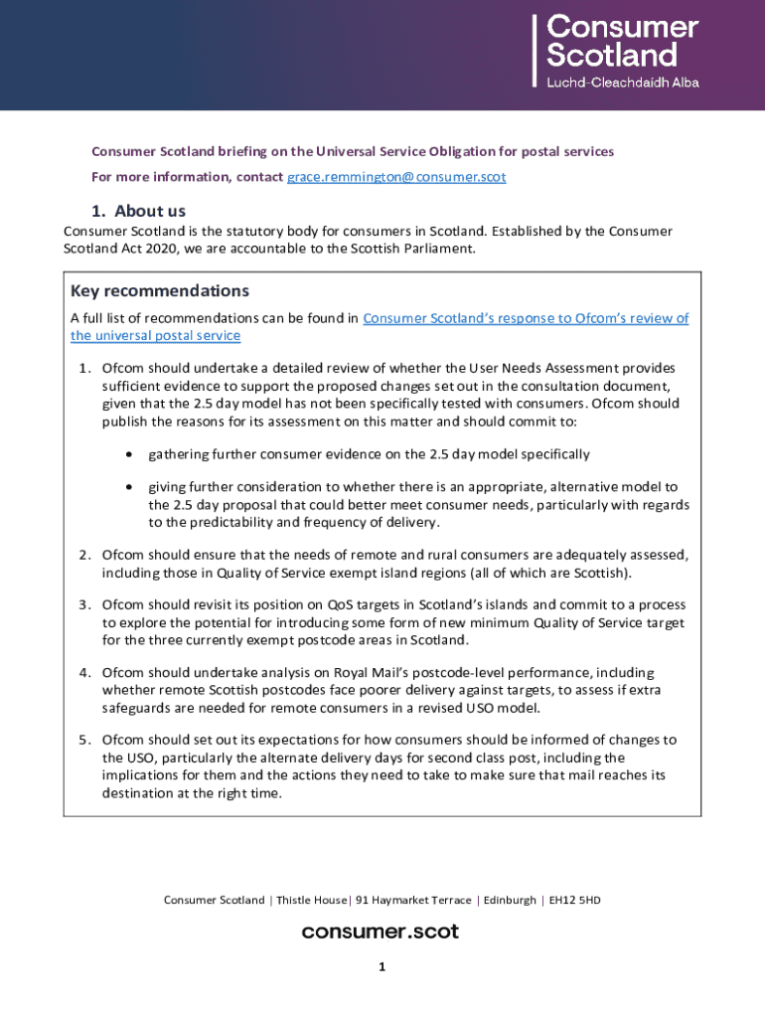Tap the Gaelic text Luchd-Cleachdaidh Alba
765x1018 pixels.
[x=623, y=83]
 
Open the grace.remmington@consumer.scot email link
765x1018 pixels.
[x=396, y=177]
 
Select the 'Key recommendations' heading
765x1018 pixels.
[x=159, y=291]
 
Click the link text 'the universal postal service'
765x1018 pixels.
[x=155, y=336]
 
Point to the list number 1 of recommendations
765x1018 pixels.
[x=84, y=369]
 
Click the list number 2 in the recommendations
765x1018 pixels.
[x=84, y=554]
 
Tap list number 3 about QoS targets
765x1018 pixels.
[x=84, y=604]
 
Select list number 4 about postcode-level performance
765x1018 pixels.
[x=84, y=673]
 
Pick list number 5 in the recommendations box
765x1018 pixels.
[x=84, y=740]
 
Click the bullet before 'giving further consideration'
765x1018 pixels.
[x=130, y=487]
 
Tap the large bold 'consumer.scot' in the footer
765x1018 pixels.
[x=381, y=932]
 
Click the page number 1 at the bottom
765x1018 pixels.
[x=382, y=966]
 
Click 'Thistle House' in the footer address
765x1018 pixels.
[x=311, y=901]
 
